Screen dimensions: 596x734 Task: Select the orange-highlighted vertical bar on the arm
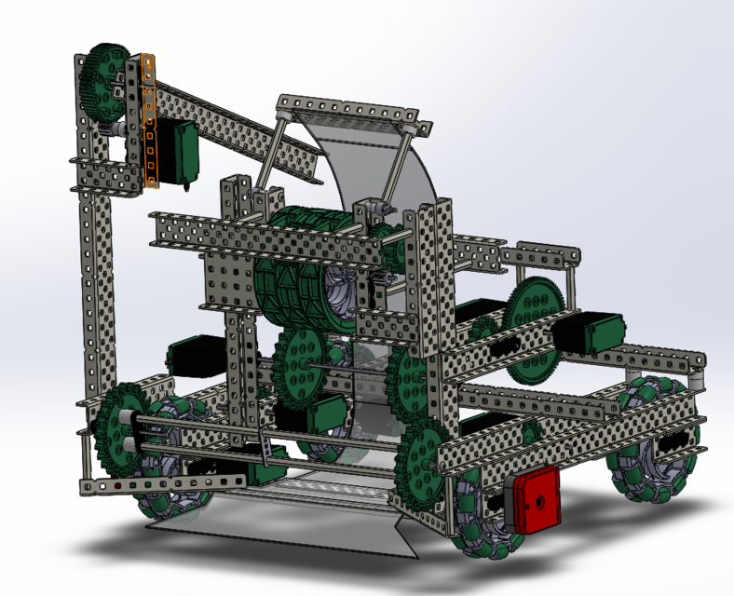(x=150, y=121)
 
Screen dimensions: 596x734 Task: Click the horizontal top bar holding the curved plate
(x=354, y=109)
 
